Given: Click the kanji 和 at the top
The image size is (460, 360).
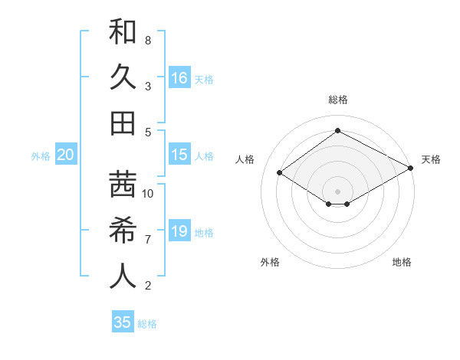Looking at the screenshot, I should [123, 33].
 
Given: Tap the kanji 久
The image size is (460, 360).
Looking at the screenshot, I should [123, 78].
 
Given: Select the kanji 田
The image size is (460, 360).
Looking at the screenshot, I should [123, 123].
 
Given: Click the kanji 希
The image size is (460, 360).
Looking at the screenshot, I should [123, 231].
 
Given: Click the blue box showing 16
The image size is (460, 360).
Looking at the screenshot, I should [179, 78].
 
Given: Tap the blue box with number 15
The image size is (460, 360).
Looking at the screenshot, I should [179, 155].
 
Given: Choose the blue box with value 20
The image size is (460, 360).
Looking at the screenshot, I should [66, 155].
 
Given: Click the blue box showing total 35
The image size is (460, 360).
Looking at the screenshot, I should [123, 322].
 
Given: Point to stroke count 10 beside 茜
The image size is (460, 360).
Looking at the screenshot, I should [148, 193].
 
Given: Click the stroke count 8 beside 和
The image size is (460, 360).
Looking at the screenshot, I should [147, 40].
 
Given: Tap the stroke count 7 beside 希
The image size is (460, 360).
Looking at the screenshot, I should [147, 240].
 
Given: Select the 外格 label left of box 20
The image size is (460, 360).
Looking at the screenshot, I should [41, 156].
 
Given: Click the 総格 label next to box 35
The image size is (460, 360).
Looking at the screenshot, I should [147, 323].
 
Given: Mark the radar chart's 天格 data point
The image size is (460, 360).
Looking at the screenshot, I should [411, 169].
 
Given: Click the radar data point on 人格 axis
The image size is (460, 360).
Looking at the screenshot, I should [280, 173].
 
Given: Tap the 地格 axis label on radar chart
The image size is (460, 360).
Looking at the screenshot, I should [402, 263].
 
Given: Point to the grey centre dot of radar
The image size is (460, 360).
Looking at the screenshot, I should [337, 191].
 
